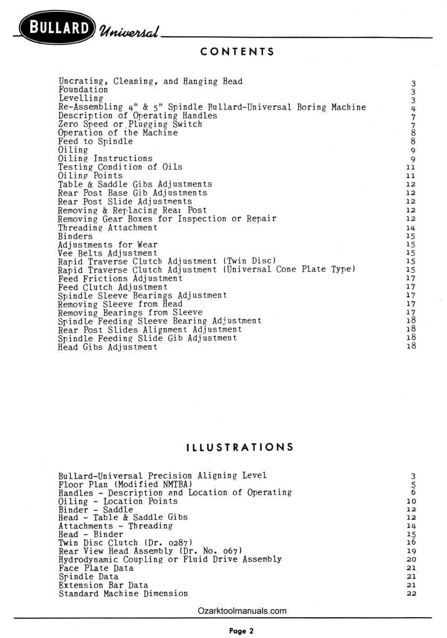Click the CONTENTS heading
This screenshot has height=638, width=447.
tap(238, 52)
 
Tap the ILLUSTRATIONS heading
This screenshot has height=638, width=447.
tap(240, 447)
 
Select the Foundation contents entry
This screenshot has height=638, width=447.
tap(83, 90)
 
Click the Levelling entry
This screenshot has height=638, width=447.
tap(81, 98)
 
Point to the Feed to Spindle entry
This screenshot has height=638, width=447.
tap(96, 141)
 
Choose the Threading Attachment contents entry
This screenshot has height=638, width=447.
tap(108, 228)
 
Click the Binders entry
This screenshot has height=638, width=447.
tap(75, 236)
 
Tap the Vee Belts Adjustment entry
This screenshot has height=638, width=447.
tap(108, 254)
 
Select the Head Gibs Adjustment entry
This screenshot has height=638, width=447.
tap(108, 347)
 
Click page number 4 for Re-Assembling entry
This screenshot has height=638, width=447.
tap(413, 108)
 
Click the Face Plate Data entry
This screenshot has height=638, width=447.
tap(96, 568)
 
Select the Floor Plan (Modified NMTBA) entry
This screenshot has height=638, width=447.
tap(125, 484)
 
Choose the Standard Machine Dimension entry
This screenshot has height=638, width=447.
tap(123, 593)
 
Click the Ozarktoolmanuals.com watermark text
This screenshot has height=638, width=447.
tap(242, 611)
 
